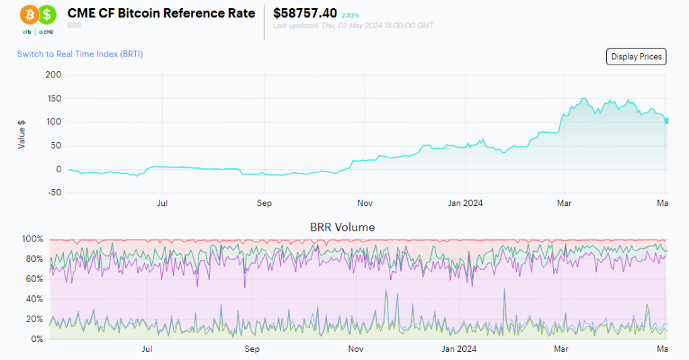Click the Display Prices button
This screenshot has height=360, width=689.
coord(637,57)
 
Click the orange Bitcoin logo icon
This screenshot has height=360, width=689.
coord(29,13)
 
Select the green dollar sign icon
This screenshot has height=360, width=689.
coord(47,13)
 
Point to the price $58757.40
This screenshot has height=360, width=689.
coord(305,13)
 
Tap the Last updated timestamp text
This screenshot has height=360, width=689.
coord(353,26)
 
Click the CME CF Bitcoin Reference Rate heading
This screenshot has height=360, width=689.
coord(161,13)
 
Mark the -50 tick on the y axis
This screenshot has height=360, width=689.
coord(53,192)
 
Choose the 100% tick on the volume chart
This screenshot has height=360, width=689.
coord(32,239)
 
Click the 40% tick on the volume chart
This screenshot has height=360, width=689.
coord(34,299)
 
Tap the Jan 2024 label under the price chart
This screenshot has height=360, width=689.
coord(465,202)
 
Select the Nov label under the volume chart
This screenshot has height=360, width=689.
coord(356,349)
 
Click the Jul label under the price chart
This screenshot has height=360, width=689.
coord(162,202)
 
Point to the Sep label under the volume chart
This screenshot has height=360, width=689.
coord(252,349)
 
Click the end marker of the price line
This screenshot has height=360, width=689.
coord(666,120)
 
